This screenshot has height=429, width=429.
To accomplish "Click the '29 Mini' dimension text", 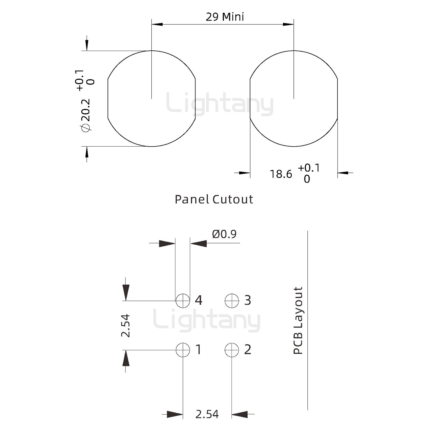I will [x=225, y=17].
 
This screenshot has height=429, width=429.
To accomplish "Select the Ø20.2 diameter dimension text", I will [x=86, y=115].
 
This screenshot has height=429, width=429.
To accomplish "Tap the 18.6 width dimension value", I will [x=281, y=174].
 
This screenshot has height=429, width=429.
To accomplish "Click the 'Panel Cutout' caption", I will [x=214, y=199].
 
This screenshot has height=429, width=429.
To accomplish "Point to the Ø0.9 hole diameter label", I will [x=224, y=234].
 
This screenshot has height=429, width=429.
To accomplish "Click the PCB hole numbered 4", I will [x=183, y=300].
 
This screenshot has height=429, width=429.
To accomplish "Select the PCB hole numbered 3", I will [x=232, y=300].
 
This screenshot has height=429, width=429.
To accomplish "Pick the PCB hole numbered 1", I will [x=183, y=350].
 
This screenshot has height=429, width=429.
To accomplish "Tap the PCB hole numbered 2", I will [x=232, y=350].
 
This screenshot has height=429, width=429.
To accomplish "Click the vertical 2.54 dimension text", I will [x=126, y=325].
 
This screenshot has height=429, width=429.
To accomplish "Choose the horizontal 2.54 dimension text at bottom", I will [x=207, y=414].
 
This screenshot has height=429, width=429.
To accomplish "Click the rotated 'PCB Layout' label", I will [x=298, y=321].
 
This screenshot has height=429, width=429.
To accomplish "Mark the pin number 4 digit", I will [x=198, y=300].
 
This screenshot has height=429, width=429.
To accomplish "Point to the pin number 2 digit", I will [x=248, y=350].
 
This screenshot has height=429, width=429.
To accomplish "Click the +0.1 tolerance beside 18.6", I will [x=309, y=168].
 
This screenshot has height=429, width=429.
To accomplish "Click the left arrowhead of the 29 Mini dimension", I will [x=157, y=24].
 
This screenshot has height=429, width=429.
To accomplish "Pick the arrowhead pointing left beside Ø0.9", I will [x=198, y=243].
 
